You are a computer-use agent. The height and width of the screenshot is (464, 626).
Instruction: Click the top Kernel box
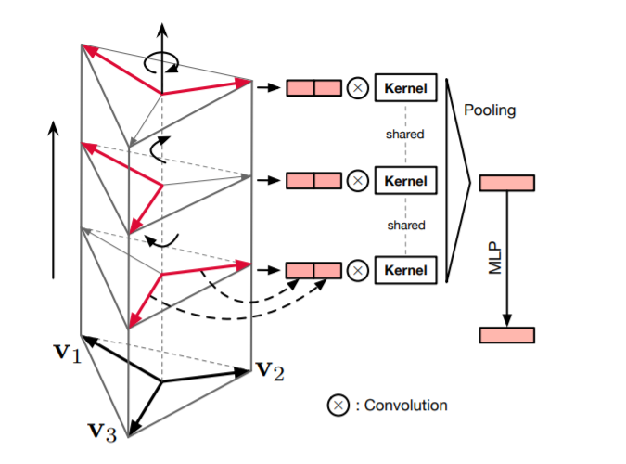tap(404, 89)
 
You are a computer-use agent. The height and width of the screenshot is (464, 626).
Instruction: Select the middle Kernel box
tap(404, 180)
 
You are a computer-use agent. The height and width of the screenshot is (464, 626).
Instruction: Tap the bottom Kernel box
tap(404, 270)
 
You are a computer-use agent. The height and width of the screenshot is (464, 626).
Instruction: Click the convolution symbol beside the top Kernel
tap(357, 89)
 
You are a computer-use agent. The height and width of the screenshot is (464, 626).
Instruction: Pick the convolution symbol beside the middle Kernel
tap(357, 180)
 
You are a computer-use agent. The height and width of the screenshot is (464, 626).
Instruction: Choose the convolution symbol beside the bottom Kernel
tap(357, 270)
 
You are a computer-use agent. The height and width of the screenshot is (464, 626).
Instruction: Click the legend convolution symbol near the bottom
tap(338, 406)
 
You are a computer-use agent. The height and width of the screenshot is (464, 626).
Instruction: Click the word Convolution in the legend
tap(406, 406)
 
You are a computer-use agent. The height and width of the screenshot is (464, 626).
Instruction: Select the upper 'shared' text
tap(404, 135)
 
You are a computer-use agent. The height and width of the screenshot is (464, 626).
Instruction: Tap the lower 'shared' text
tap(404, 226)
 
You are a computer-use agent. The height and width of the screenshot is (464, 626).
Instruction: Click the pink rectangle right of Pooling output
tap(506, 183)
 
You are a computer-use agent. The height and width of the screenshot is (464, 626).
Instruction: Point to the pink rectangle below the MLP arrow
tap(506, 335)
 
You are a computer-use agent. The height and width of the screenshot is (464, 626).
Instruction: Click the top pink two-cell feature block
tap(313, 89)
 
